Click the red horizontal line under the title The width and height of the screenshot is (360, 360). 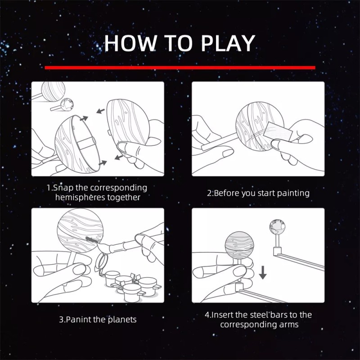pyautogui.click(x=180, y=67)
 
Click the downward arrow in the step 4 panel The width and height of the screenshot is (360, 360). pyautogui.click(x=263, y=270)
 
